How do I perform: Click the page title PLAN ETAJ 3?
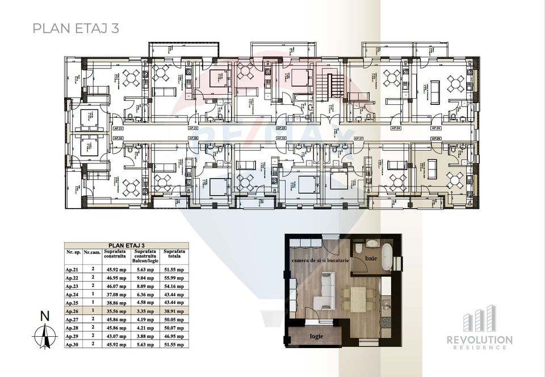click(x=75, y=28)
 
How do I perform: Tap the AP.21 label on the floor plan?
click(x=118, y=129)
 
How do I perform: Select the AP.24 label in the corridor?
click(x=396, y=129)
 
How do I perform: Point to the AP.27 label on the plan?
click(x=358, y=138)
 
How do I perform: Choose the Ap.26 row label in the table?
click(x=73, y=311)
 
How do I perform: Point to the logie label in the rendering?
click(x=316, y=336)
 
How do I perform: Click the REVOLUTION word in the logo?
click(x=487, y=340)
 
